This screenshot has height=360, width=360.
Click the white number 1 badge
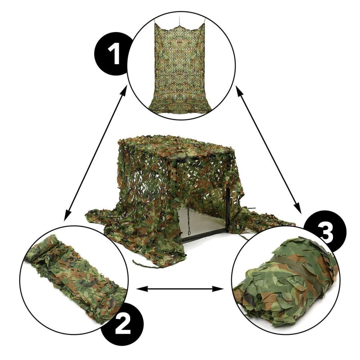pos(114,54)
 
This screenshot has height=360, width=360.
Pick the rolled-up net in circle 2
pos(76,277)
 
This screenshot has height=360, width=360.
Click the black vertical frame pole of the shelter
pos(227,209)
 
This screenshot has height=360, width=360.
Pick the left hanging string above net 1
pos(155,22)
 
